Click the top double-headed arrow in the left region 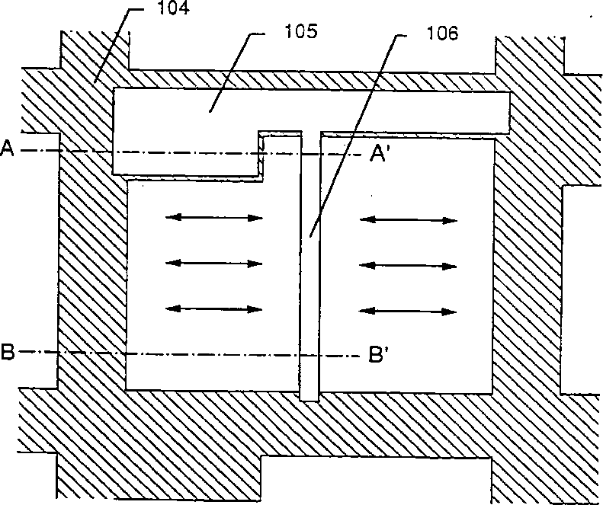[214, 219]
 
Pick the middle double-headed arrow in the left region [214, 263]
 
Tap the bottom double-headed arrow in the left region [214, 308]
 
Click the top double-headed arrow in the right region [409, 220]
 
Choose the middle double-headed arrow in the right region [409, 264]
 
